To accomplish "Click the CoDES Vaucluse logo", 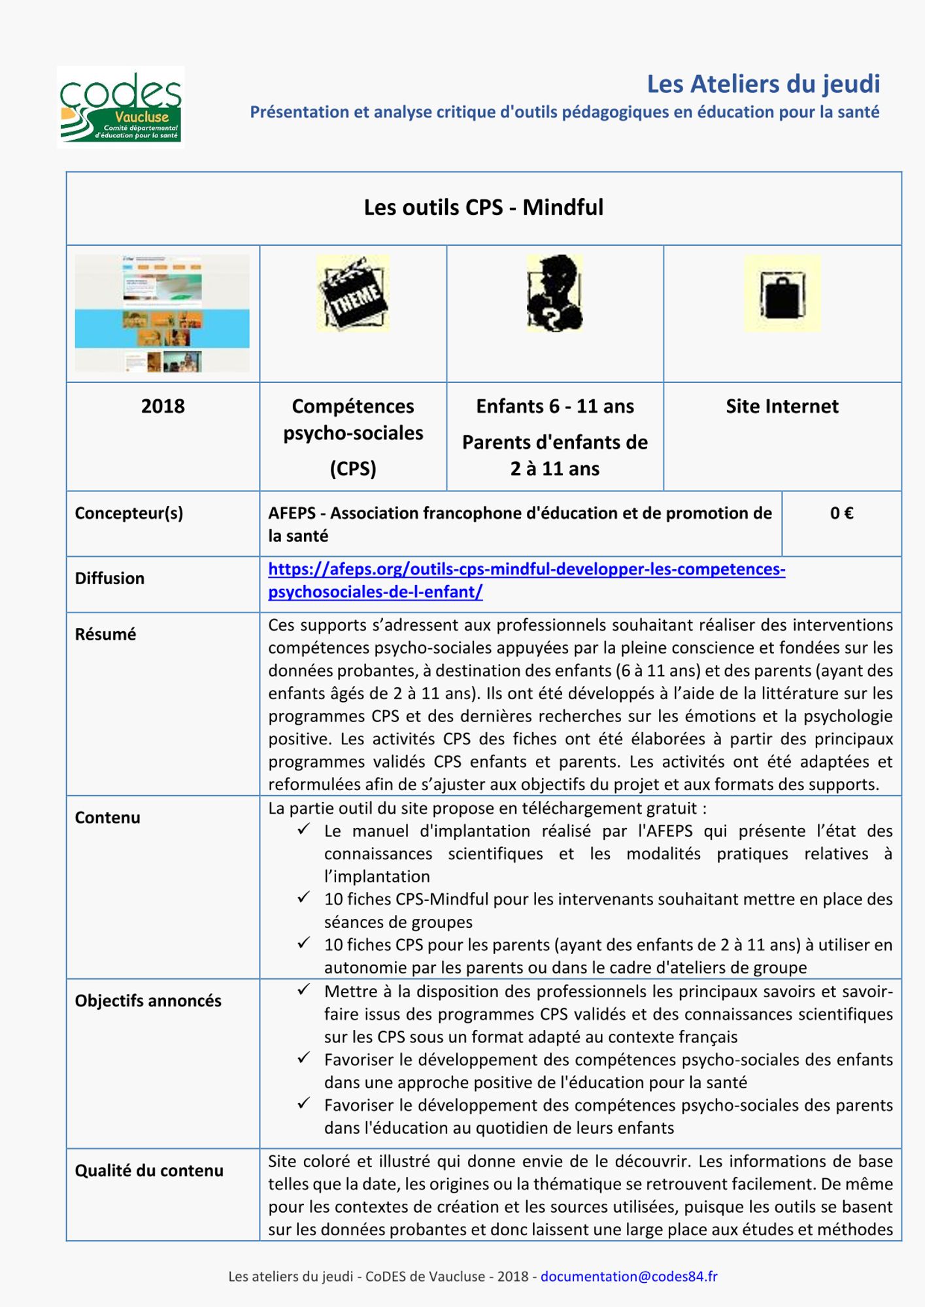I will tap(120, 107).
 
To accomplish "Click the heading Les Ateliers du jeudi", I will tap(763, 84).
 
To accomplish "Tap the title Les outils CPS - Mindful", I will tap(483, 207).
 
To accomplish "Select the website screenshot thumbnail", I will tap(162, 313).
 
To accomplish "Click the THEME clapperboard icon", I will tap(353, 293).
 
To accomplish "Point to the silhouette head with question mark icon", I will tap(554, 293).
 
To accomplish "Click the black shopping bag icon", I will tap(782, 293).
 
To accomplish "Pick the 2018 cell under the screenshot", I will tap(163, 406).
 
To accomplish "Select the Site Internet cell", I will tap(782, 406).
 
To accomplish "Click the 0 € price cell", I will tap(841, 514).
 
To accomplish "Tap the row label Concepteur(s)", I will tap(129, 514).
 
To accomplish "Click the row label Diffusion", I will tap(109, 578).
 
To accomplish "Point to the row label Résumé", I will tap(105, 635).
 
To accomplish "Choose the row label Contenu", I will tap(107, 818).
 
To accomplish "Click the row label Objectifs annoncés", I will tap(148, 1001).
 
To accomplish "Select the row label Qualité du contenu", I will tap(149, 1171).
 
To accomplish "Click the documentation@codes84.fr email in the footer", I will tap(628, 1276).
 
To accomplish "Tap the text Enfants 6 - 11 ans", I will tap(554, 406).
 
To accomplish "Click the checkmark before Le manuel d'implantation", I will tap(303, 829).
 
